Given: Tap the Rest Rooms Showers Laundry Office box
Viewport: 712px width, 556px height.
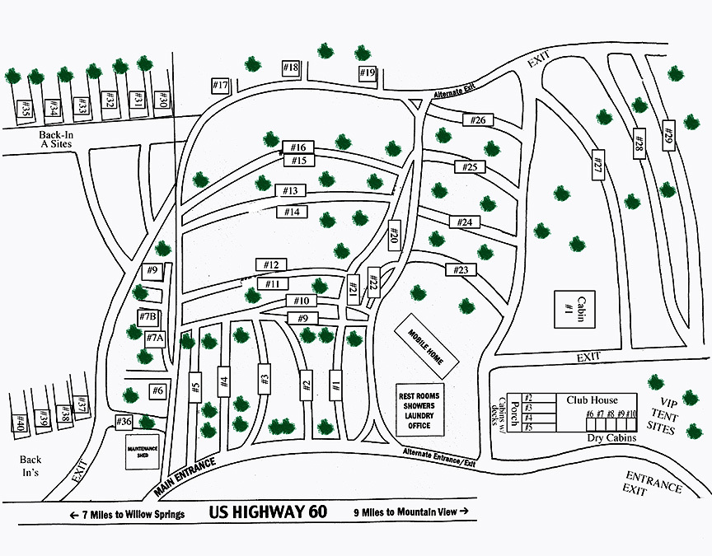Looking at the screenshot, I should tap(419, 409).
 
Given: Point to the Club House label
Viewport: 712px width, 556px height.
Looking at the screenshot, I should tap(591, 399).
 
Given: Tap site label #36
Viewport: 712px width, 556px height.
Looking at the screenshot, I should tap(124, 422).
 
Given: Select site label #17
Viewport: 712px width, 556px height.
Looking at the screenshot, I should tap(219, 86).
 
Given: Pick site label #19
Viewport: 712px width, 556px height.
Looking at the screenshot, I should tap(368, 74).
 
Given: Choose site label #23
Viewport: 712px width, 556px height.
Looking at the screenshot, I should tap(461, 269).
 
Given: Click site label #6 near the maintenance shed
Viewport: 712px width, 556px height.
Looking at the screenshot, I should tap(157, 391).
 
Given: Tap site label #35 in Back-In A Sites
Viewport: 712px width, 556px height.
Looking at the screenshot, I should tap(26, 108).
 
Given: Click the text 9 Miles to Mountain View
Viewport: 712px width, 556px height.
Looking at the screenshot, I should tap(410, 512).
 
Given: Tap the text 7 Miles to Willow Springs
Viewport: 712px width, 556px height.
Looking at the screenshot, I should tap(127, 514).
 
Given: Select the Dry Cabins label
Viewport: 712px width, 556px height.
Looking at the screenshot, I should tap(611, 438).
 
